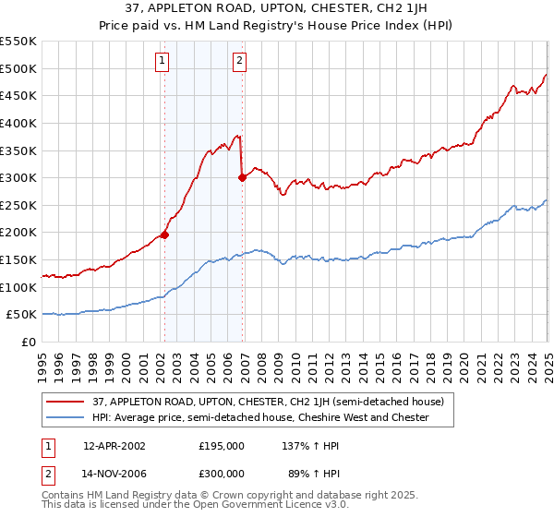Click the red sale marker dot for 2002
coord(164,235)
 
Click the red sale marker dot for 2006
coord(242,178)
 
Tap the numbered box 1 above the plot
coord(162,62)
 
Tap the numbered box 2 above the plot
coord(239,62)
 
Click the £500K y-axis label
coord(18,68)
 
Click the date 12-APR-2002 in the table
coord(114,445)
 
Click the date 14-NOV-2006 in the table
coord(114,475)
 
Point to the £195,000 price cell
coord(222,445)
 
